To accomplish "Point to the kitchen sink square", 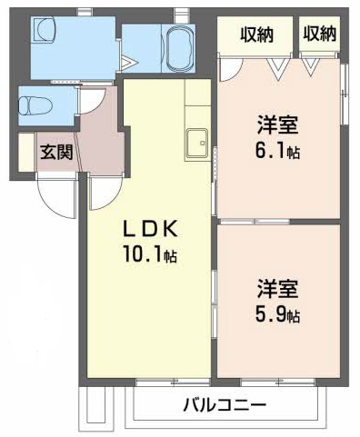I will [196, 144].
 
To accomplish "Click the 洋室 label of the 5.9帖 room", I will [277, 290].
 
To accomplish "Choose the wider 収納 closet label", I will [256, 35].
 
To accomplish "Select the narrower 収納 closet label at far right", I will [320, 35].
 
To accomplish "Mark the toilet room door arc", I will [92, 101].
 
